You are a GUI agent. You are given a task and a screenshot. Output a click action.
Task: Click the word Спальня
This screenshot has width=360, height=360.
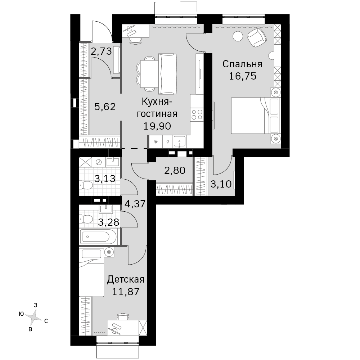tap(242, 64)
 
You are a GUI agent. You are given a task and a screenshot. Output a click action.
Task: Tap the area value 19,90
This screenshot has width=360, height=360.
tap(157, 126)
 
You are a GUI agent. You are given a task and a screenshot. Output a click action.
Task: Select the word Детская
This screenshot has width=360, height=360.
tap(126, 280)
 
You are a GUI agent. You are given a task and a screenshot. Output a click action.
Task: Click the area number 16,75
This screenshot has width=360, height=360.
tap(242, 76)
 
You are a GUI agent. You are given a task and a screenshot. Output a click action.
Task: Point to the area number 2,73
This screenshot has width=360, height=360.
tap(101, 51)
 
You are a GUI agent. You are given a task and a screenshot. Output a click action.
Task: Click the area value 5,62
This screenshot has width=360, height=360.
tap(105, 107)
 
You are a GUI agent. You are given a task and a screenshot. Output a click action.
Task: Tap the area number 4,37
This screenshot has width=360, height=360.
tap(135, 204)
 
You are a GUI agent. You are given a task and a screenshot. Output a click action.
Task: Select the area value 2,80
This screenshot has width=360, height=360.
tap(175, 171)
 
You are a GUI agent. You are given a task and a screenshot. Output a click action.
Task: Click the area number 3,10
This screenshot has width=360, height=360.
tap(221, 184)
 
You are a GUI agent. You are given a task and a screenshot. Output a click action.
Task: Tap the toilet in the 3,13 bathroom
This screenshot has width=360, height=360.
tap(86, 185)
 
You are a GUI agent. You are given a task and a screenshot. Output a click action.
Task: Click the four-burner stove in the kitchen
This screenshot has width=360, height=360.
tap(197, 114)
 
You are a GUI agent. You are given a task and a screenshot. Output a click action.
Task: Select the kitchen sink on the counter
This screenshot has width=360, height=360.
tap(180, 141)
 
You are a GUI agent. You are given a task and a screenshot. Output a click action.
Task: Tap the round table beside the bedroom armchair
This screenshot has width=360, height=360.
tap(238, 36)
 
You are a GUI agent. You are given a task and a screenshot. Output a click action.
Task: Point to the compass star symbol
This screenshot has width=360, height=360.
tap(34, 317)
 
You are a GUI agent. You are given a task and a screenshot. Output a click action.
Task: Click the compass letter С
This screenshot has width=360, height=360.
tap(46, 321)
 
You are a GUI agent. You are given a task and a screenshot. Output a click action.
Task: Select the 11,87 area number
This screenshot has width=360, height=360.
tap(126, 292)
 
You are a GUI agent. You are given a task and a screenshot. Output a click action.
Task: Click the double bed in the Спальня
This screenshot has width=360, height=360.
tap(256, 116)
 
